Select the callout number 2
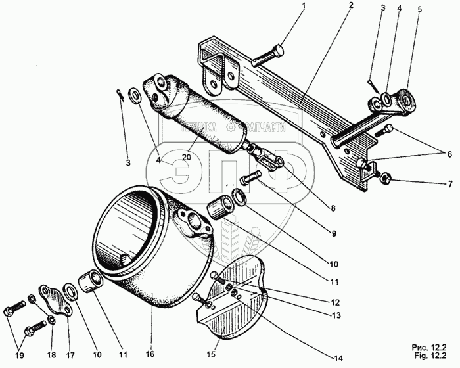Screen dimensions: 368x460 (351, 6)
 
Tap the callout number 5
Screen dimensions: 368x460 (420, 10)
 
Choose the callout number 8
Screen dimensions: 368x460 (333, 208)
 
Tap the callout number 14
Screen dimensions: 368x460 (338, 357)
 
